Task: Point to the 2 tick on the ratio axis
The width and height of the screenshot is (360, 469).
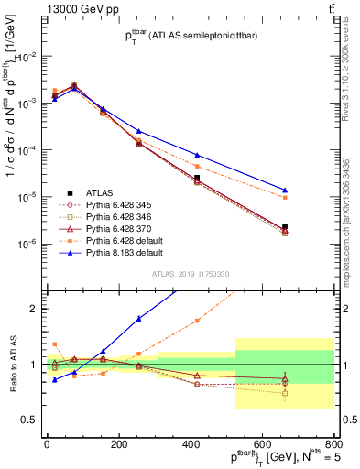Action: point(33,309)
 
